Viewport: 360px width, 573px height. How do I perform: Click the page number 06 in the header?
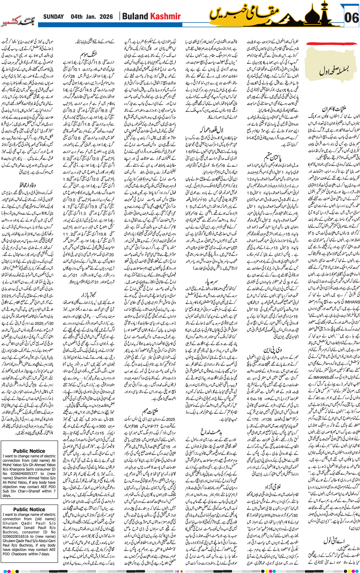tap(351, 18)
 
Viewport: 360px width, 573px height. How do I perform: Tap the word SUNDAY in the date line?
tap(53, 17)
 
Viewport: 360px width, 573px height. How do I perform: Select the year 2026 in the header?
tap(106, 17)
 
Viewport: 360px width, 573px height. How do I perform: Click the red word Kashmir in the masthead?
tap(165, 17)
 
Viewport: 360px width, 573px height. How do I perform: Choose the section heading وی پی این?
tap(272, 350)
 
